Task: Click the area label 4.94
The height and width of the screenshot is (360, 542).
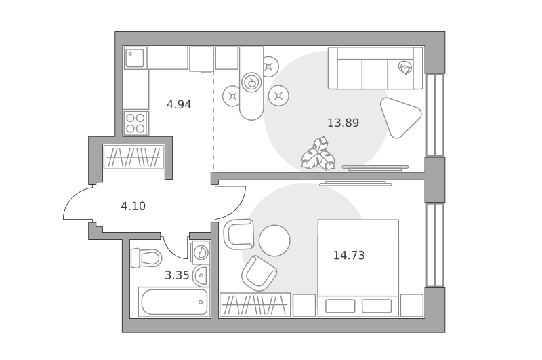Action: point(179,104)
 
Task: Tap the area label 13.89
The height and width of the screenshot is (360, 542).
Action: point(343,123)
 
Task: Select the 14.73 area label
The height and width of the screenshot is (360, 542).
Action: point(349,255)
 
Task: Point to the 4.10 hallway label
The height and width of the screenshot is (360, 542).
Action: point(133,207)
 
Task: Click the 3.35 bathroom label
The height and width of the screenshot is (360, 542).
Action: point(177,275)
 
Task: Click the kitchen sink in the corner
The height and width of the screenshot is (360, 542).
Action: point(135,58)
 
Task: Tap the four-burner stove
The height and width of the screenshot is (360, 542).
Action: point(135,123)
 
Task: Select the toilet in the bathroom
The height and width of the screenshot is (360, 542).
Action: point(146,258)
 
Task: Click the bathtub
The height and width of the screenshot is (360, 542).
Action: point(174,302)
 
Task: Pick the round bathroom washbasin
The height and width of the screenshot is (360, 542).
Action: point(201,276)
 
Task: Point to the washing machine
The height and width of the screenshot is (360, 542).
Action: point(200,252)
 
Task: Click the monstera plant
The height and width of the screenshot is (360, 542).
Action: point(318,154)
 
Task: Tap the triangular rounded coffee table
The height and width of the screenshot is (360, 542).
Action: point(400,117)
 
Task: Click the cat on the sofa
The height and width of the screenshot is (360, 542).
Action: point(404,67)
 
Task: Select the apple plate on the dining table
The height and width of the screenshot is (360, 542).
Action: point(251,82)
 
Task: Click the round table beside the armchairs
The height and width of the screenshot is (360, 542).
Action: point(274,241)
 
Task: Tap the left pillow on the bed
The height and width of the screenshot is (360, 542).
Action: point(340,306)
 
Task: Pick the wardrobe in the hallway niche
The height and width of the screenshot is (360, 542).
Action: point(133,157)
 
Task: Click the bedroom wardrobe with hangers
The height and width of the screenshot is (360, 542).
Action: point(255,304)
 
